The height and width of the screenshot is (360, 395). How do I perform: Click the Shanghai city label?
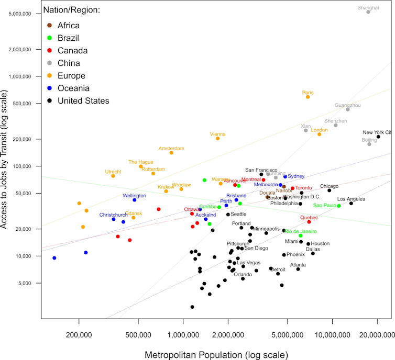(368, 7)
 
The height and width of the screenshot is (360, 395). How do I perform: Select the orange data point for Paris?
(308, 97)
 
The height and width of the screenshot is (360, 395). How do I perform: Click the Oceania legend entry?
(73, 88)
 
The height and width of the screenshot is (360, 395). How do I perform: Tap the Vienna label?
(217, 134)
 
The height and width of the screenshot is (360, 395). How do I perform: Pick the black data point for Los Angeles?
(351, 203)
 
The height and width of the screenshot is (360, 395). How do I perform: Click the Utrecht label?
(113, 172)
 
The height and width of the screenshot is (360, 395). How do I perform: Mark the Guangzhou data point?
(347, 109)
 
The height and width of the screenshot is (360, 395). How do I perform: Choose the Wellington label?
(134, 196)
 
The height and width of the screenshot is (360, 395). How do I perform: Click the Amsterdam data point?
(171, 153)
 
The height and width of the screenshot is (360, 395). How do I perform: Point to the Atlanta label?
(298, 265)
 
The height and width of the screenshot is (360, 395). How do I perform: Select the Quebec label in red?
(309, 218)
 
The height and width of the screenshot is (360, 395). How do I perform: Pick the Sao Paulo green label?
(324, 206)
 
